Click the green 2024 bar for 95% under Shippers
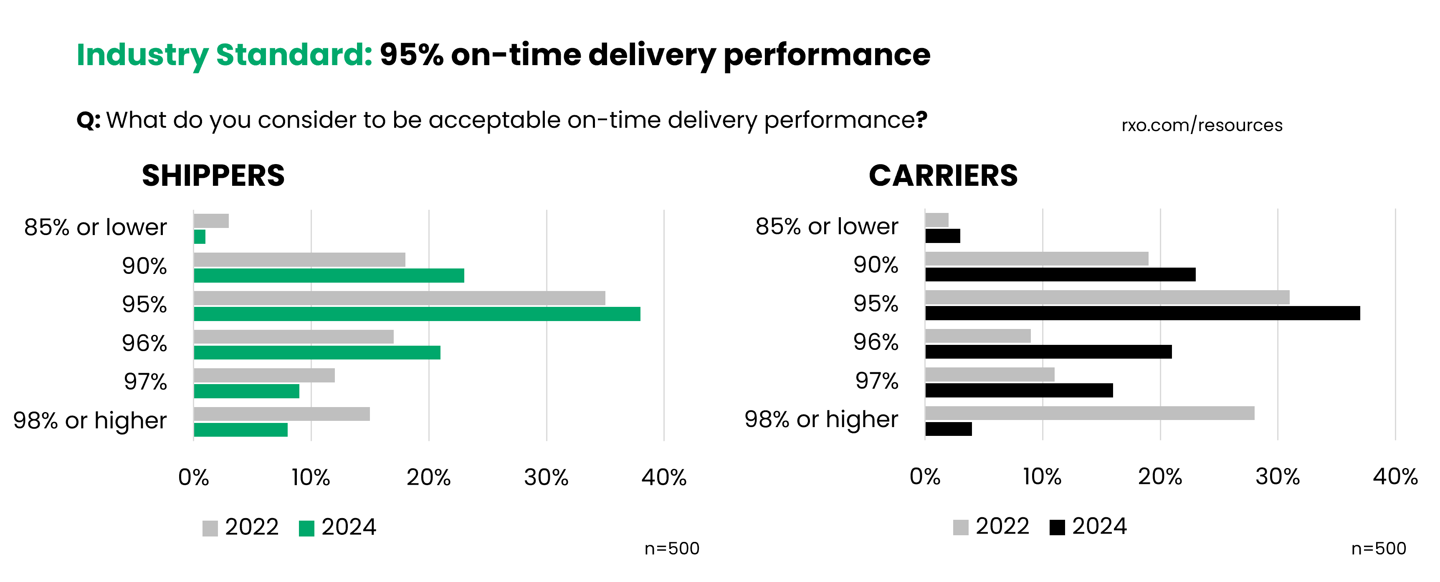tap(416, 314)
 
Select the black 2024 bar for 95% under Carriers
tap(1142, 313)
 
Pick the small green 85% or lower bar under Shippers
tap(200, 237)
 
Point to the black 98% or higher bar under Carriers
tap(948, 429)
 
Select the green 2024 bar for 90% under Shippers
tap(329, 275)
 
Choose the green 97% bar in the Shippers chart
tap(246, 391)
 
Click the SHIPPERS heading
tap(213, 175)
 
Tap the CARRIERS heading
tap(943, 175)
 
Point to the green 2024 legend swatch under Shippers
tap(306, 528)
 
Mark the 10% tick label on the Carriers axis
tap(1042, 476)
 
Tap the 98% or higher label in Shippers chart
tap(90, 420)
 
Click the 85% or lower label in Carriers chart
tap(826, 226)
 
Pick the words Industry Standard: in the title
tap(224, 55)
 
